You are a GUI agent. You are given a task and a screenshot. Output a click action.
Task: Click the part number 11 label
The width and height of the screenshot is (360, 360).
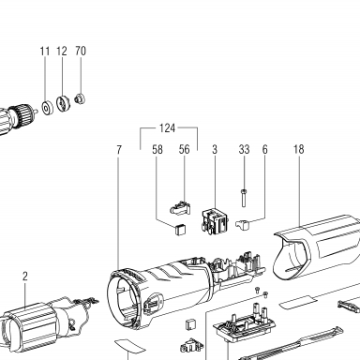(45, 51)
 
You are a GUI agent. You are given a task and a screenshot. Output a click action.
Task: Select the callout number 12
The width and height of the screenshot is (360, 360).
(62, 51)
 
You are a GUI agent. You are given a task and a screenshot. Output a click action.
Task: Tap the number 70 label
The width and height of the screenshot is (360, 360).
(81, 51)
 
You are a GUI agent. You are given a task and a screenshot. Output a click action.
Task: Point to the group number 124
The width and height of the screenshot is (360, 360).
(167, 128)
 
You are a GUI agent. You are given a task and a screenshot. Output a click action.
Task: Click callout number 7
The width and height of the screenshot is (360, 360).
(118, 150)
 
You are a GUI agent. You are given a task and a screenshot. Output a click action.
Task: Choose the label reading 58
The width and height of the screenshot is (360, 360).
(157, 150)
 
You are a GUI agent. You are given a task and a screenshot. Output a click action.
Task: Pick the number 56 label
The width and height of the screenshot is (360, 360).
(184, 149)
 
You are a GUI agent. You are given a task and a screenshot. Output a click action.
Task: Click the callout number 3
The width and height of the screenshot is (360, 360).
(215, 149)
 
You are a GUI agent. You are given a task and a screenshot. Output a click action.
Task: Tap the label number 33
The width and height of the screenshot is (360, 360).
(244, 149)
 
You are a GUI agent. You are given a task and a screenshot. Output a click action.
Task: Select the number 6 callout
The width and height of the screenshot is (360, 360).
(264, 149)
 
